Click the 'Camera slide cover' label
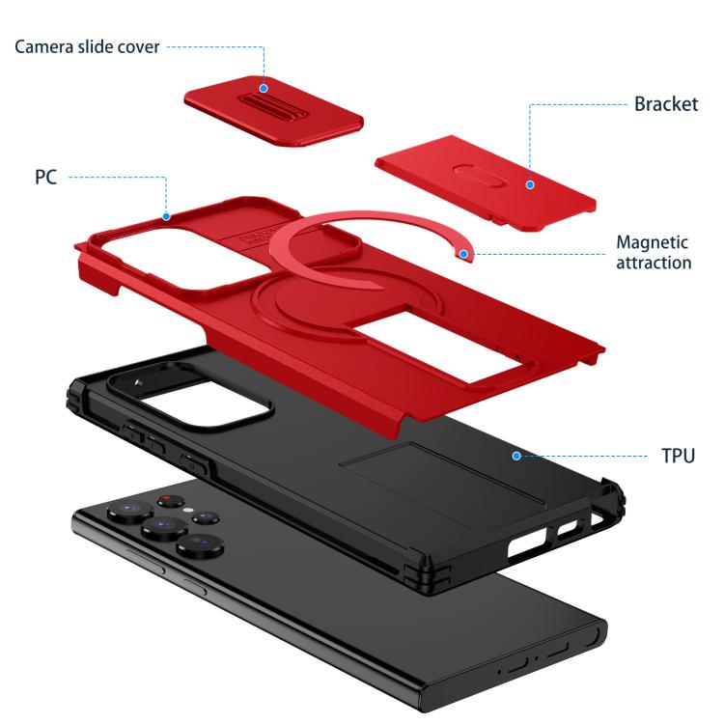(87, 46)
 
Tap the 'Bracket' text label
(666, 104)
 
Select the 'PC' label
(45, 177)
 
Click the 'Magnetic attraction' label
(654, 252)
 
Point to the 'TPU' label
(678, 456)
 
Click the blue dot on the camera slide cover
(264, 88)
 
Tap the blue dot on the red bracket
(530, 184)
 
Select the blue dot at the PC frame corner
(166, 216)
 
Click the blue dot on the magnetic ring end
(463, 254)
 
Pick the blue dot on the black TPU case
(516, 456)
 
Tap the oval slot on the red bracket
(479, 176)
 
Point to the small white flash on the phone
(188, 511)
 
